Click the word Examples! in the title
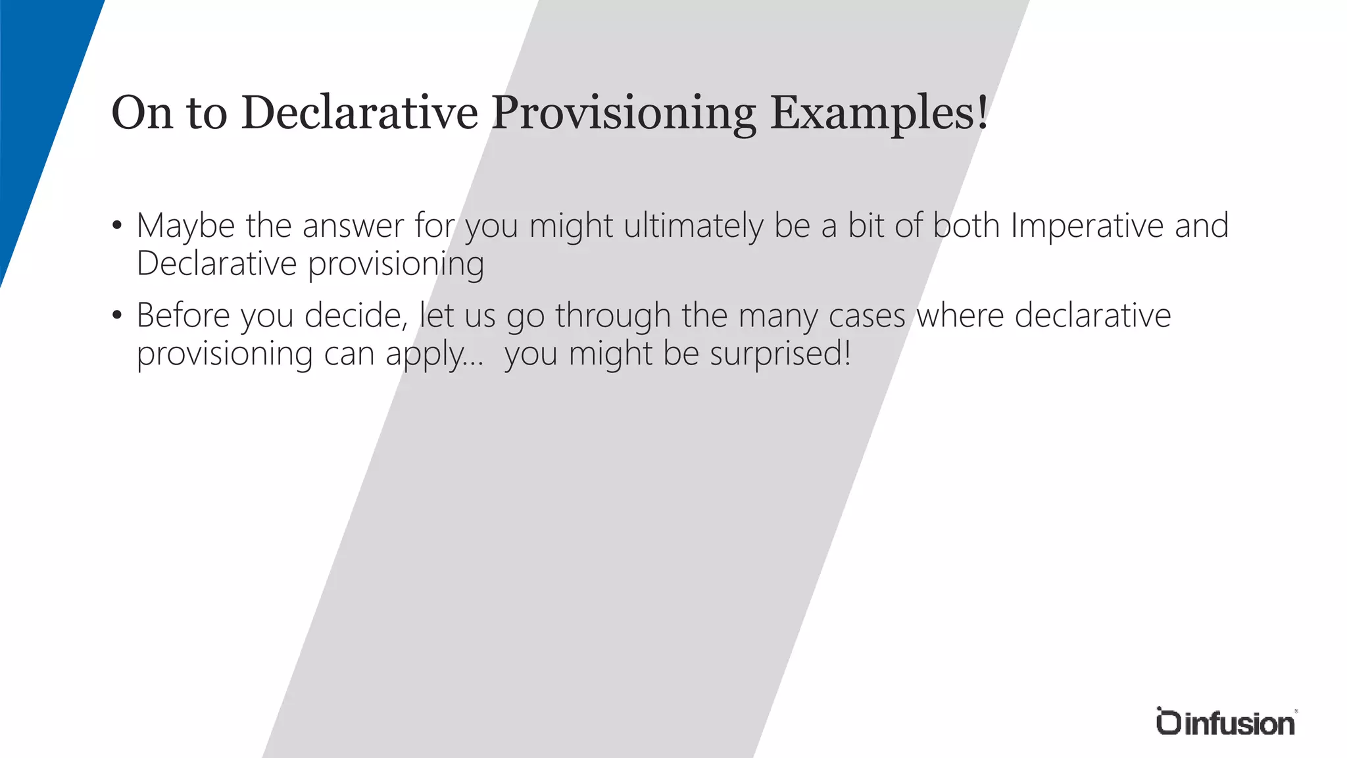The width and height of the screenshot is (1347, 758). (x=879, y=113)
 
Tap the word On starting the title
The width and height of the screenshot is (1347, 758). (x=141, y=113)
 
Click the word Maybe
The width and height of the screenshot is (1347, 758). (x=185, y=226)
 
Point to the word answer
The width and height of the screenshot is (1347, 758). (x=353, y=226)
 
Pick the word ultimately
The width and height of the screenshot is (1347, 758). (x=693, y=226)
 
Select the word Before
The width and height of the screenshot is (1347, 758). (x=183, y=316)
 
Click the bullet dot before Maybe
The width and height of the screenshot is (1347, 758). (x=117, y=226)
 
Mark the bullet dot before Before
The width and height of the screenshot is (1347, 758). (x=117, y=316)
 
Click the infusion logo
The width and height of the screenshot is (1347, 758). (x=1225, y=722)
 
